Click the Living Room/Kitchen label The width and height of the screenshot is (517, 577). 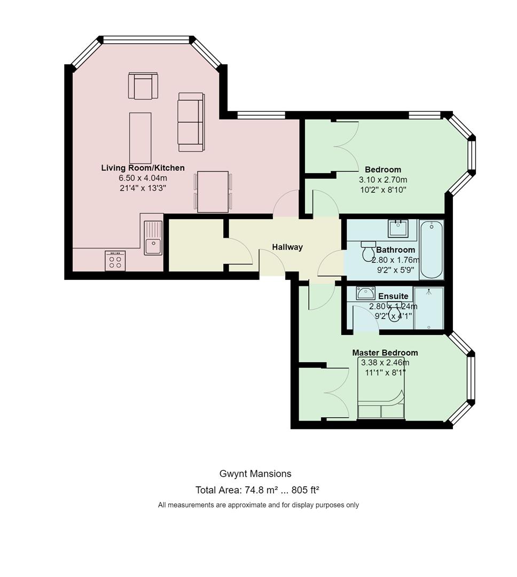point(143,168)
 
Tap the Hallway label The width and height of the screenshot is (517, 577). point(287,247)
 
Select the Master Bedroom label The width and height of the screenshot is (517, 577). point(385,353)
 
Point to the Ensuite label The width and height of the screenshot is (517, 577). point(393,296)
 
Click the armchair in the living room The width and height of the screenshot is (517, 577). point(143,85)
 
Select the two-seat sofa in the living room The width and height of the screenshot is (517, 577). point(191,122)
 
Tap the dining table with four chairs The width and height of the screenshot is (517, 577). point(213,191)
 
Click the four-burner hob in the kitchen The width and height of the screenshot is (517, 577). point(115,261)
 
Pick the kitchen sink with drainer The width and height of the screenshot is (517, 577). point(153,238)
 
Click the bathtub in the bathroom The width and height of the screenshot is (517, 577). point(432,249)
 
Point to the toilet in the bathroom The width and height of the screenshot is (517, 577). point(368,251)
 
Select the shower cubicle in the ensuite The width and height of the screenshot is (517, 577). point(429,308)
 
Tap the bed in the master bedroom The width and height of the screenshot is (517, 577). point(381,388)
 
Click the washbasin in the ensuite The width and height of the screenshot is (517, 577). point(365,293)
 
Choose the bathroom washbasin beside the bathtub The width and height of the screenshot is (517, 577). point(398,228)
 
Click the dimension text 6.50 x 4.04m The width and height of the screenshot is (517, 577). point(143,178)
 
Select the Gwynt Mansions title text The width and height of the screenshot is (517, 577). point(255,473)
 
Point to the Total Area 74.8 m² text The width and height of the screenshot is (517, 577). point(237,490)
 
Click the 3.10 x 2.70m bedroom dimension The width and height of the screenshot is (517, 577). point(383,180)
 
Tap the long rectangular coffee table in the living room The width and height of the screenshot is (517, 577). point(140,138)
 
